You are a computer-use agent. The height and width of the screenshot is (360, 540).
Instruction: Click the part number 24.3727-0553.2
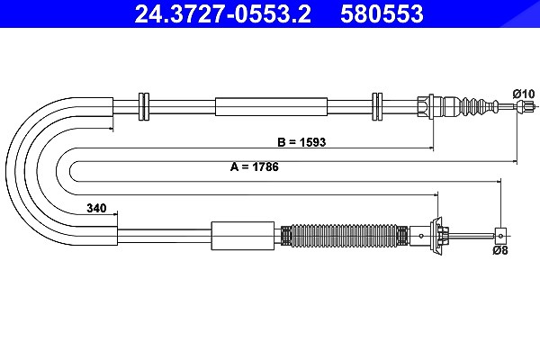[222, 13]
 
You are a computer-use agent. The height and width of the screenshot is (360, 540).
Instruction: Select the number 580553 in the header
[382, 13]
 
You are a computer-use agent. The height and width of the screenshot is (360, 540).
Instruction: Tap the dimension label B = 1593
[301, 142]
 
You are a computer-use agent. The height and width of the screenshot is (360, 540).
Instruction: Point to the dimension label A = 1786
[255, 166]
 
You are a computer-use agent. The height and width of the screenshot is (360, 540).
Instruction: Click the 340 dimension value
[96, 208]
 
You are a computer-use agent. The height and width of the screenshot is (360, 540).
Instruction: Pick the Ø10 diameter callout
[524, 94]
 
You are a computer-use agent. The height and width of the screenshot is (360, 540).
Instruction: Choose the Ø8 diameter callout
[500, 250]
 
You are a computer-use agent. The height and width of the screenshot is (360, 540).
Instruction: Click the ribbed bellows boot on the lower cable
[345, 236]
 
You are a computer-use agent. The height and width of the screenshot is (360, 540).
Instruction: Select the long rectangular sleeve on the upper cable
[272, 107]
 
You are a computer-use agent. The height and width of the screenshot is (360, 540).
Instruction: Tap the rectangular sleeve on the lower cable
[243, 236]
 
